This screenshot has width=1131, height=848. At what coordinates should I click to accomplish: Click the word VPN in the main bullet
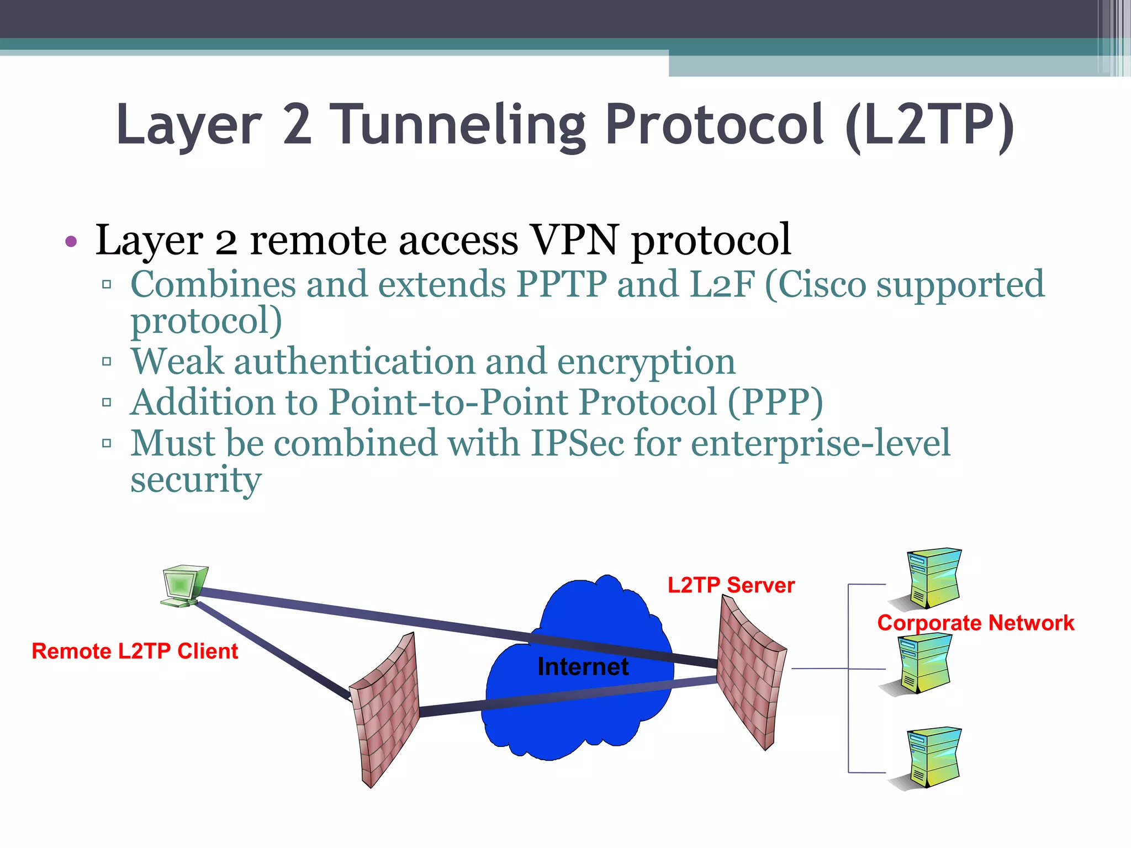tap(574, 240)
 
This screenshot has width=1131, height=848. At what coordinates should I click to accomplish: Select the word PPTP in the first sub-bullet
tap(562, 284)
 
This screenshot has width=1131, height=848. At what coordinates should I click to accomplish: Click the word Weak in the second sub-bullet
tap(177, 362)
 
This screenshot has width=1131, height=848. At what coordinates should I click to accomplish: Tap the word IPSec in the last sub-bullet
tap(577, 443)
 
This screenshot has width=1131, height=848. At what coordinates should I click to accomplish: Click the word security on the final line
tap(195, 479)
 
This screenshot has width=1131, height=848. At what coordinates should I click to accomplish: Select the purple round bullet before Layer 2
tap(71, 241)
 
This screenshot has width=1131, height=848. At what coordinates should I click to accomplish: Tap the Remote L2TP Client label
tap(135, 651)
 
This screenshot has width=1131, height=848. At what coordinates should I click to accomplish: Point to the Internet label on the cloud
tap(583, 667)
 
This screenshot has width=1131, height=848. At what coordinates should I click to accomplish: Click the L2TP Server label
tap(731, 585)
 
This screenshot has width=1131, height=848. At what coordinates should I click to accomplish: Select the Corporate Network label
tap(975, 623)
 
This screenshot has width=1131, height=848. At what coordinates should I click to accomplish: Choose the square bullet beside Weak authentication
tap(107, 362)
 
